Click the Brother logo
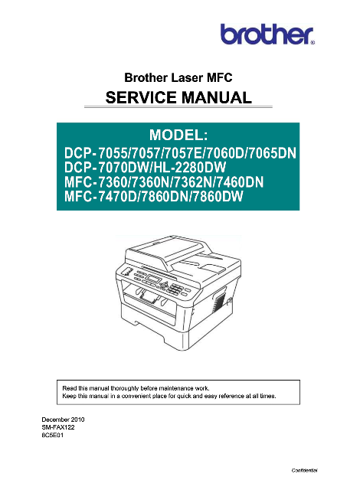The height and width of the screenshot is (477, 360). coord(267,34)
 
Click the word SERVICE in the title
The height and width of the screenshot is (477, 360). coord(141,98)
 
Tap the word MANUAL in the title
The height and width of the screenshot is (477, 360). coord(216,98)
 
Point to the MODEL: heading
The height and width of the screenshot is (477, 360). coord(178,135)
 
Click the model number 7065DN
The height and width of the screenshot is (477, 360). coord(273,153)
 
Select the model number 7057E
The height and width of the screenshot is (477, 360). coord(184,153)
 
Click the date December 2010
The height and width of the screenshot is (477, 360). coord(63,420)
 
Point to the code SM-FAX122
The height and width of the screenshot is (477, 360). coord(58,427)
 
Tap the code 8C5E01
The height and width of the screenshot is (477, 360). coord(53,436)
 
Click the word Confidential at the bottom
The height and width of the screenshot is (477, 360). coord(305,470)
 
